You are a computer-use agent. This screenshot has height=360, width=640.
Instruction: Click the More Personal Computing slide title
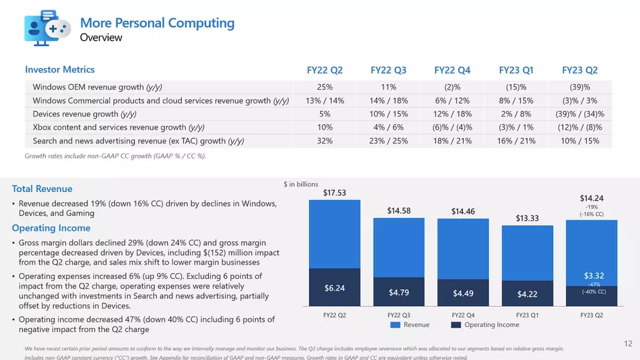coord(157,23)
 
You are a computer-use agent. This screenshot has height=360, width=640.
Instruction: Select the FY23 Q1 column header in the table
coord(516,70)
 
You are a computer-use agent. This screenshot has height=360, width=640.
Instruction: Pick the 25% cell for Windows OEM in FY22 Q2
coord(325,87)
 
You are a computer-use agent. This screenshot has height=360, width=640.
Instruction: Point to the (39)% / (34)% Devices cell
coord(580,114)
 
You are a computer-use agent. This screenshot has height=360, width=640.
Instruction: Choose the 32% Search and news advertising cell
coord(325,141)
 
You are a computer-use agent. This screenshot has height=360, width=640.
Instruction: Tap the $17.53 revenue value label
coord(334,193)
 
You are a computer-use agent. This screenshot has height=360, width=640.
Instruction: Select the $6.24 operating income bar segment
coord(334,287)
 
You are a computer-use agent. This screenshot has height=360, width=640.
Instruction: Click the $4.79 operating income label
coord(399,293)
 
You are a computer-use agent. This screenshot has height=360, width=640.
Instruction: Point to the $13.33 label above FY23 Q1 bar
coord(527,219)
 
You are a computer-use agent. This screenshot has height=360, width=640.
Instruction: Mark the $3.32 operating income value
coord(594,276)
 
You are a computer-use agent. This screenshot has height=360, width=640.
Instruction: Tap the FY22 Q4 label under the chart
coord(462,315)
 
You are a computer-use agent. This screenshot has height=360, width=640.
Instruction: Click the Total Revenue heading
coord(43,189)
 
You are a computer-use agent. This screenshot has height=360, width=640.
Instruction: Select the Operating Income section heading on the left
coord(51,228)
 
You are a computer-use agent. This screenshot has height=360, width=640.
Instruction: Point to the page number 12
coord(628,344)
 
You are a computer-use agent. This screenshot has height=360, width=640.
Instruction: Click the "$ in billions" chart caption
coord(301,184)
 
